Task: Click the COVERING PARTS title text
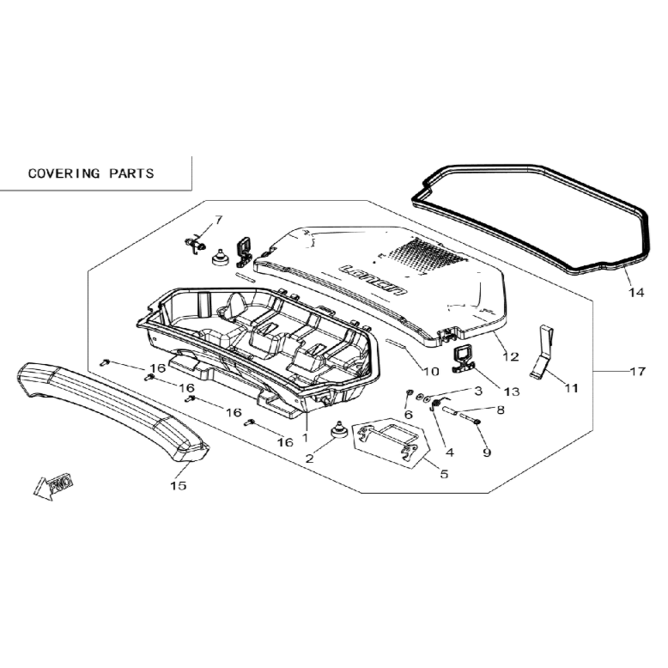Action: click(91, 173)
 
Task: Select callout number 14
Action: click(636, 292)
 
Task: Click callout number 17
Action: click(638, 372)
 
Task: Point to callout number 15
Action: click(179, 485)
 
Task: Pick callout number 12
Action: click(511, 356)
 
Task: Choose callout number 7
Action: click(219, 220)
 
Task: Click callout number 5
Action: click(445, 473)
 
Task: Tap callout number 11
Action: click(571, 388)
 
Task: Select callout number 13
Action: click(512, 391)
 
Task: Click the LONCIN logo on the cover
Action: click(373, 279)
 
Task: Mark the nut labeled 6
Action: click(410, 392)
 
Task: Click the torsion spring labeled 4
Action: click(437, 404)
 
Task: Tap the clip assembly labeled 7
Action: click(196, 244)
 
